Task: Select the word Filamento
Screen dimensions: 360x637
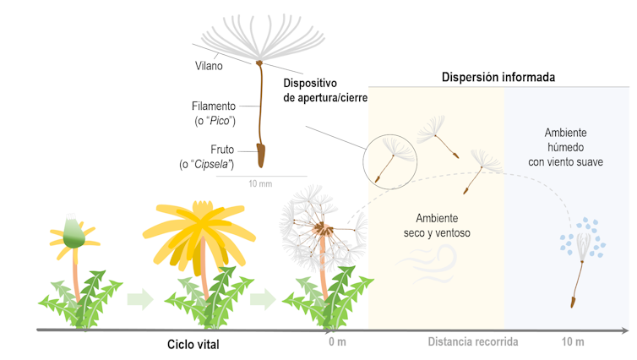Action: pyautogui.click(x=214, y=106)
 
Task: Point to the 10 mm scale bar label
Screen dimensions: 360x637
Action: pyautogui.click(x=260, y=183)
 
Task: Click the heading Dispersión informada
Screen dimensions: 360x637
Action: pyautogui.click(x=498, y=77)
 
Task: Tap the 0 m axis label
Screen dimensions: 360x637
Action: pyautogui.click(x=338, y=341)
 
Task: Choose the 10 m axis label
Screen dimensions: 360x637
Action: pyautogui.click(x=572, y=341)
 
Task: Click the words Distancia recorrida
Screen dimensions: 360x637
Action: pyautogui.click(x=473, y=341)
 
